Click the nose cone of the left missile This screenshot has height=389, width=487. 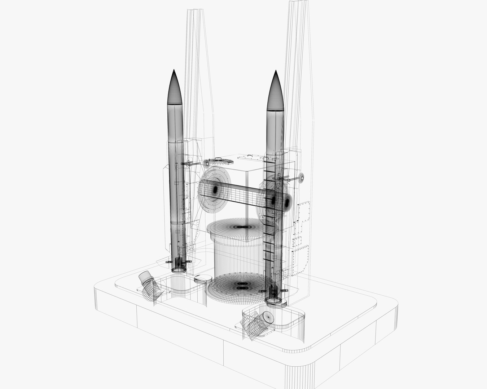(175, 88)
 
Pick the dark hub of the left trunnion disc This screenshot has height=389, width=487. (215, 189)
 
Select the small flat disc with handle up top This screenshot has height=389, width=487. (218, 161)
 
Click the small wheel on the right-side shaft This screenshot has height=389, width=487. (300, 177)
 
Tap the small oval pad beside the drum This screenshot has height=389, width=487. (203, 278)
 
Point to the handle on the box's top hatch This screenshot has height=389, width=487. (249, 157)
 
